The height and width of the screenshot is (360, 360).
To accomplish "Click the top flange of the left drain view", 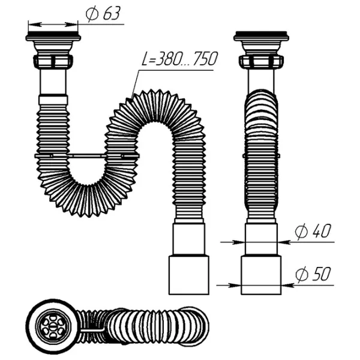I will click(53, 38).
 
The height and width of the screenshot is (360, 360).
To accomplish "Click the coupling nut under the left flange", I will click(53, 61).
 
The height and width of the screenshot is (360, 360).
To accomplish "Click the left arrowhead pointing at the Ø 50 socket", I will click(238, 284).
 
